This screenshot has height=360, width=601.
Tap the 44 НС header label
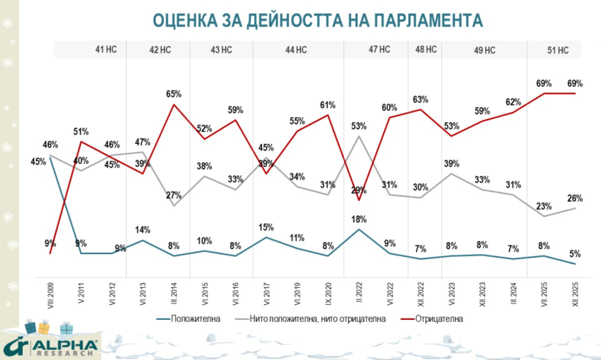[x=295, y=49]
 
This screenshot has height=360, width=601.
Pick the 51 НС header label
[x=557, y=49]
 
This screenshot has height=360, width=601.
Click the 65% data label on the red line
[x=174, y=94]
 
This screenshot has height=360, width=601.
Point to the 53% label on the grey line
[x=358, y=126]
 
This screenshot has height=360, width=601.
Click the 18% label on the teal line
[x=358, y=218]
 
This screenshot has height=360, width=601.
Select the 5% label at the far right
[x=575, y=253]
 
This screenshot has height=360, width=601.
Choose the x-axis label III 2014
[x=174, y=294]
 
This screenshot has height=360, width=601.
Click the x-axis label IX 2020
[x=328, y=294]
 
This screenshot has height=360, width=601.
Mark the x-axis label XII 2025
[x=575, y=294]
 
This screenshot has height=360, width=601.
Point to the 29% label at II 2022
[x=358, y=190]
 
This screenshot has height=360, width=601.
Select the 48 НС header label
[x=425, y=49]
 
